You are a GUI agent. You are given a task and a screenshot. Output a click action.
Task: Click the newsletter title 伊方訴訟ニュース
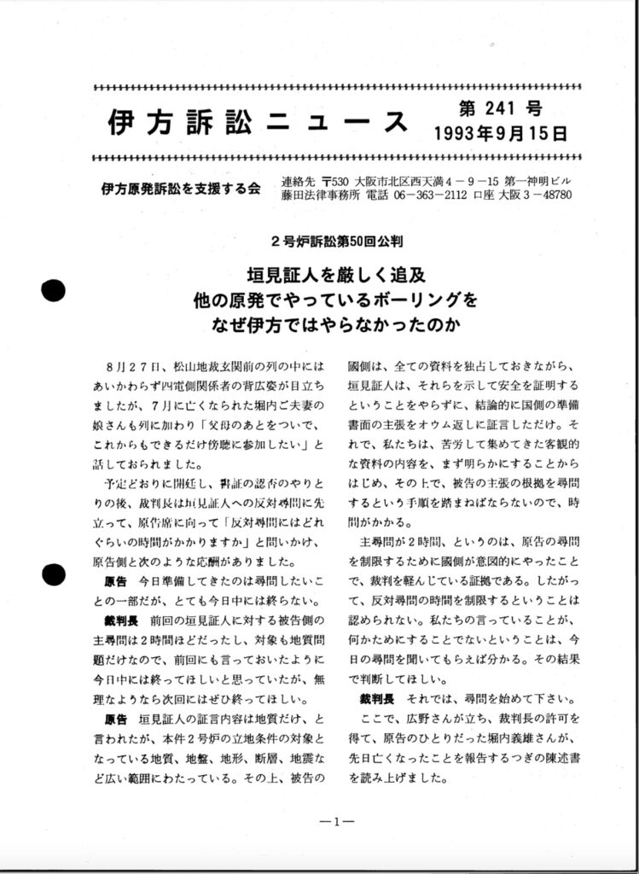[x=259, y=122]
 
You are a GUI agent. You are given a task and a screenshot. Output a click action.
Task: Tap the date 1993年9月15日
[x=499, y=134]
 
